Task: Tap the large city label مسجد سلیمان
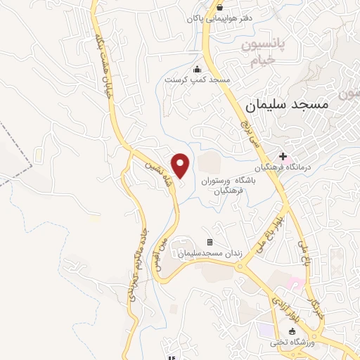288,103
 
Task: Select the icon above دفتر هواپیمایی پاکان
202,7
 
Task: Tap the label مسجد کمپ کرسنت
198,80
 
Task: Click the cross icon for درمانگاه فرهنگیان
283,155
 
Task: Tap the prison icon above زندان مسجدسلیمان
209,243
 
